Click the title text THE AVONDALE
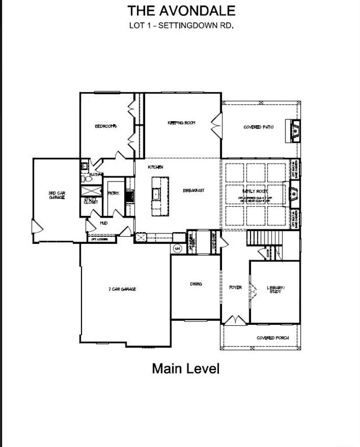pyautogui.click(x=181, y=10)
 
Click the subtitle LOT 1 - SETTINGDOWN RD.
pyautogui.click(x=181, y=26)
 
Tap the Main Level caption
pyautogui.click(x=186, y=368)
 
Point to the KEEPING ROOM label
pyautogui.click(x=181, y=123)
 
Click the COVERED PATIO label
pyautogui.click(x=259, y=127)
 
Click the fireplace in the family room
pyautogui.click(x=293, y=191)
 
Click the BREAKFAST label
pyautogui.click(x=193, y=191)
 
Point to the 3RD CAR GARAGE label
pyautogui.click(x=56, y=195)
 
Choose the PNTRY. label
pyautogui.click(x=113, y=194)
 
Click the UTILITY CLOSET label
pyautogui.click(x=90, y=200)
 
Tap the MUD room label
pyautogui.click(x=103, y=223)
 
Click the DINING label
pyautogui.click(x=196, y=284)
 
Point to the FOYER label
pyautogui.click(x=235, y=288)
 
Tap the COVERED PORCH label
pyautogui.click(x=270, y=338)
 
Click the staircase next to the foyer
pyautogui.click(x=265, y=237)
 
